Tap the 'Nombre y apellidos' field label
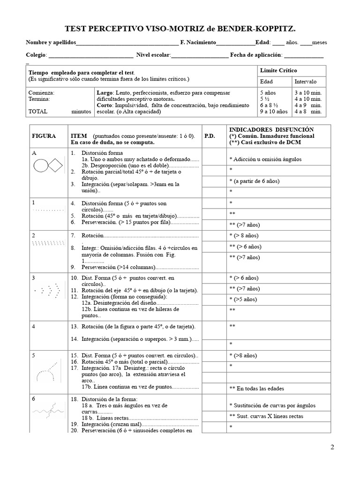(x=51, y=43)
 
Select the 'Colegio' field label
(x=36, y=55)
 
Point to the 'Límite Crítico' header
(x=278, y=70)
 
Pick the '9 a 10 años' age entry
(x=274, y=112)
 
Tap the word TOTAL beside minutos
(x=37, y=112)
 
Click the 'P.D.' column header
(x=210, y=136)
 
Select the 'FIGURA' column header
(x=44, y=136)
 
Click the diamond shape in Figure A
(x=56, y=165)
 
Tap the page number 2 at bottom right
(x=332, y=447)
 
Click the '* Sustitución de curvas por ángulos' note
(x=272, y=405)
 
